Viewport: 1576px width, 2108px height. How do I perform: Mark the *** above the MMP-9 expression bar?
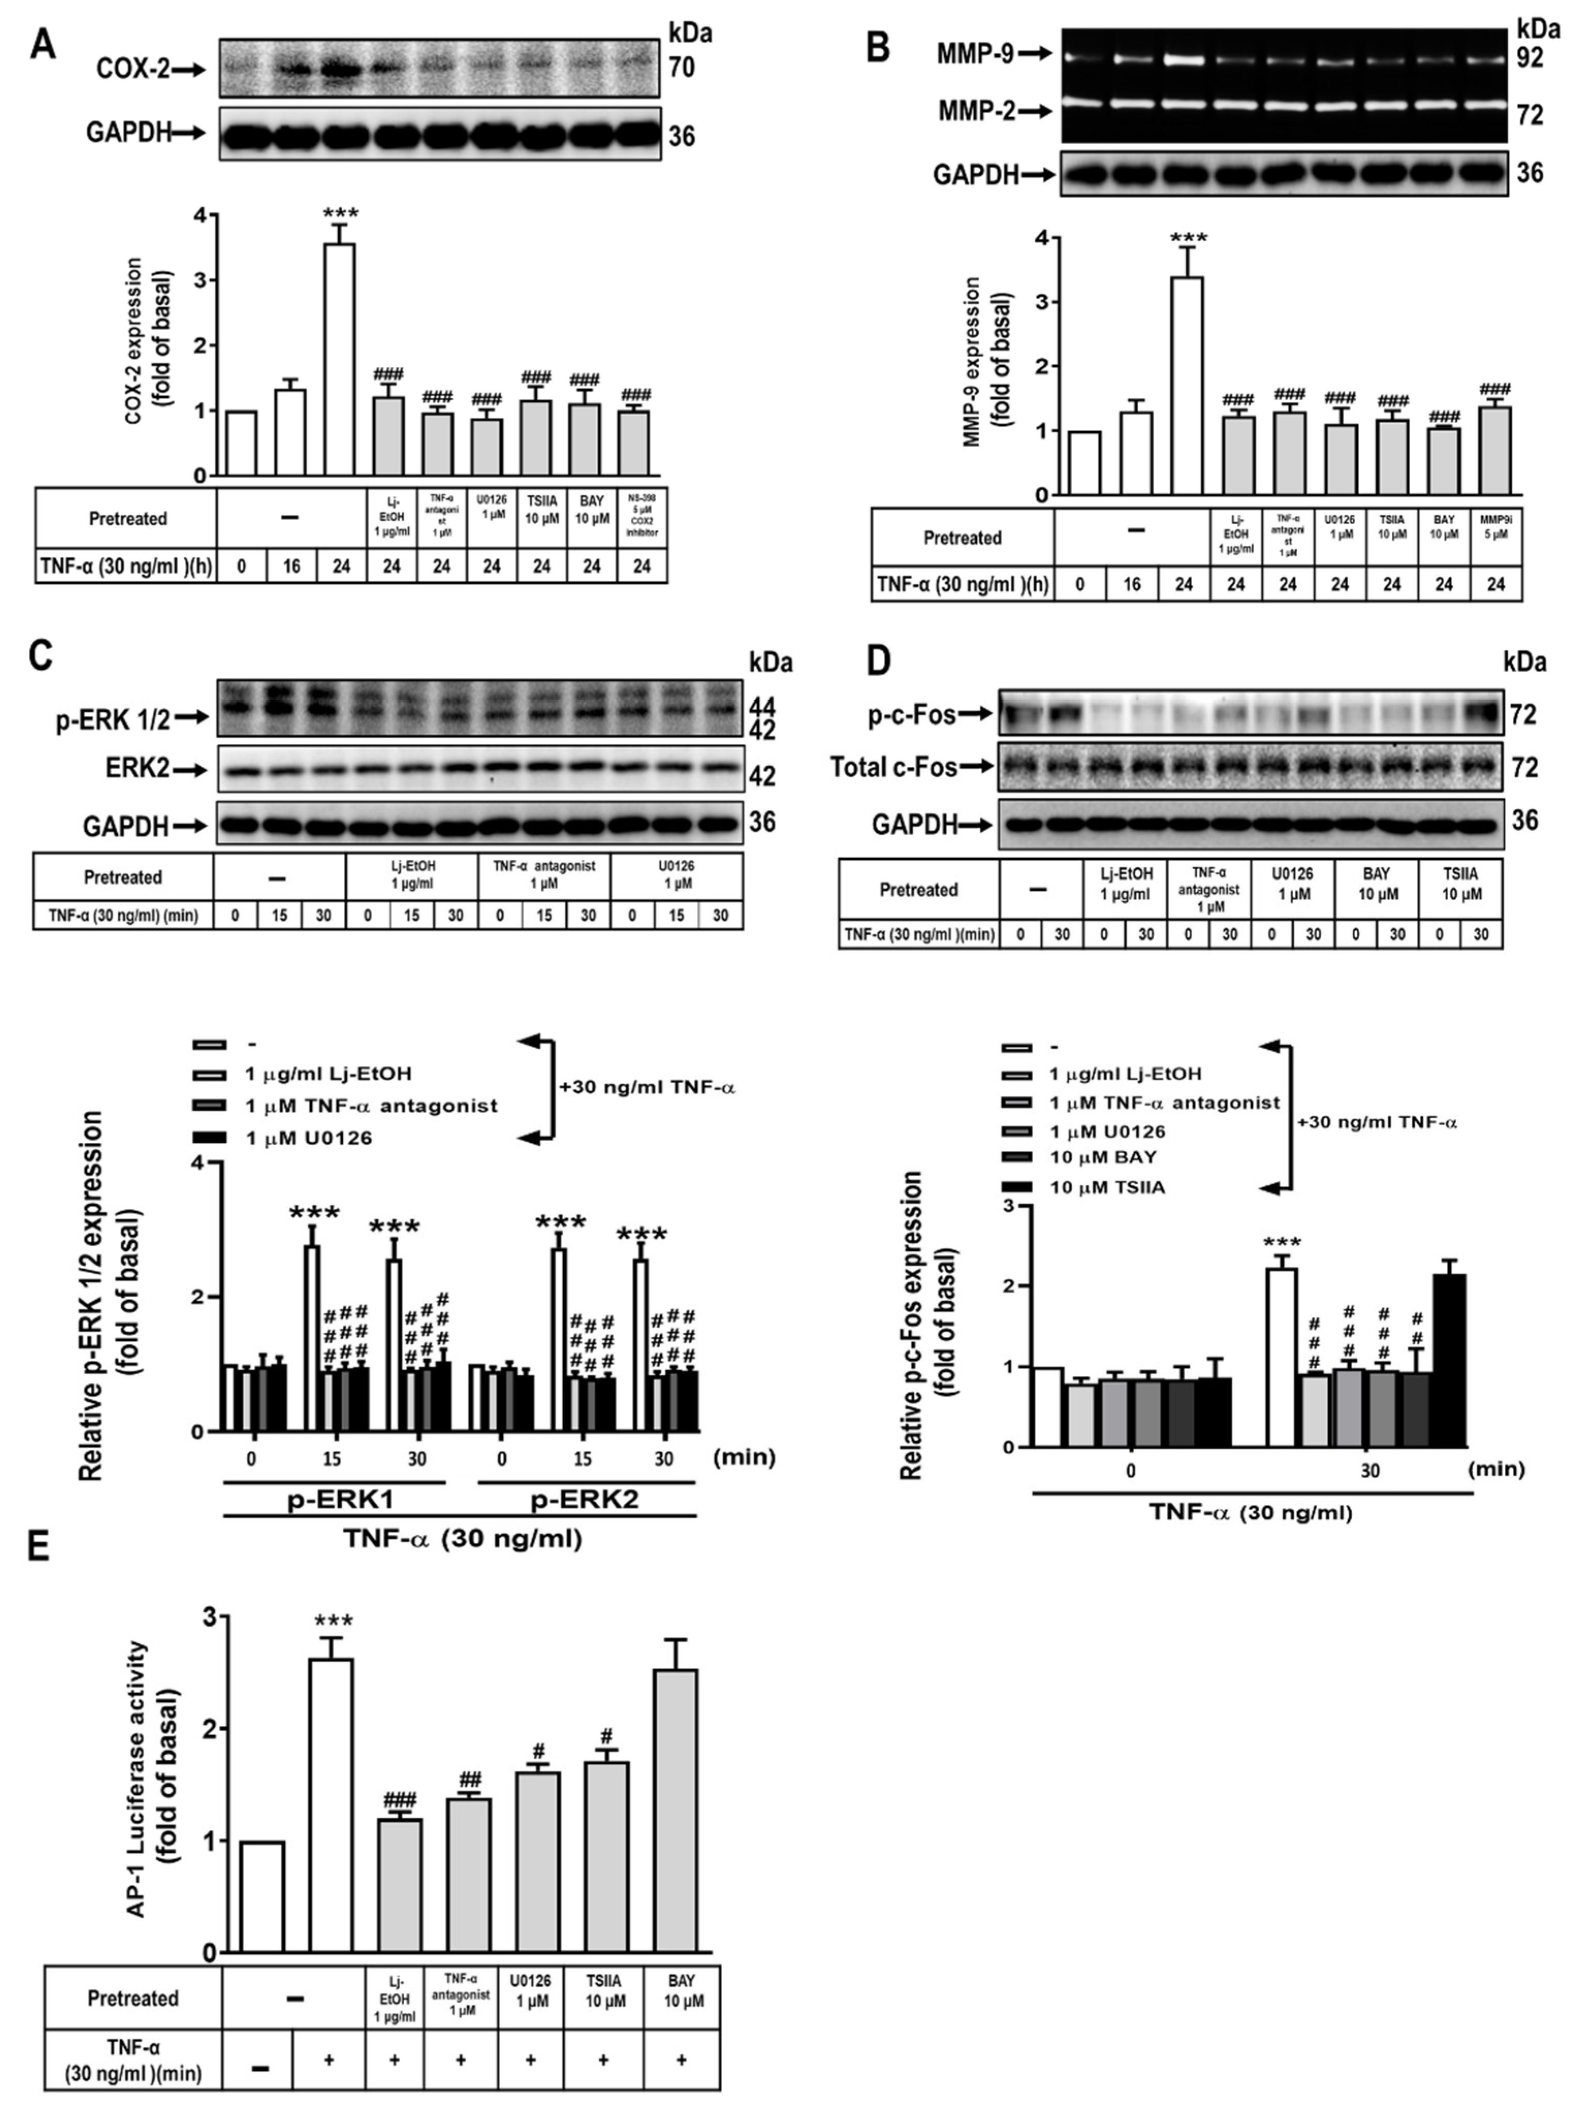pos(1187,238)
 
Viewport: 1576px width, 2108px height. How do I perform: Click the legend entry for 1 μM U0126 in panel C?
pos(308,1138)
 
